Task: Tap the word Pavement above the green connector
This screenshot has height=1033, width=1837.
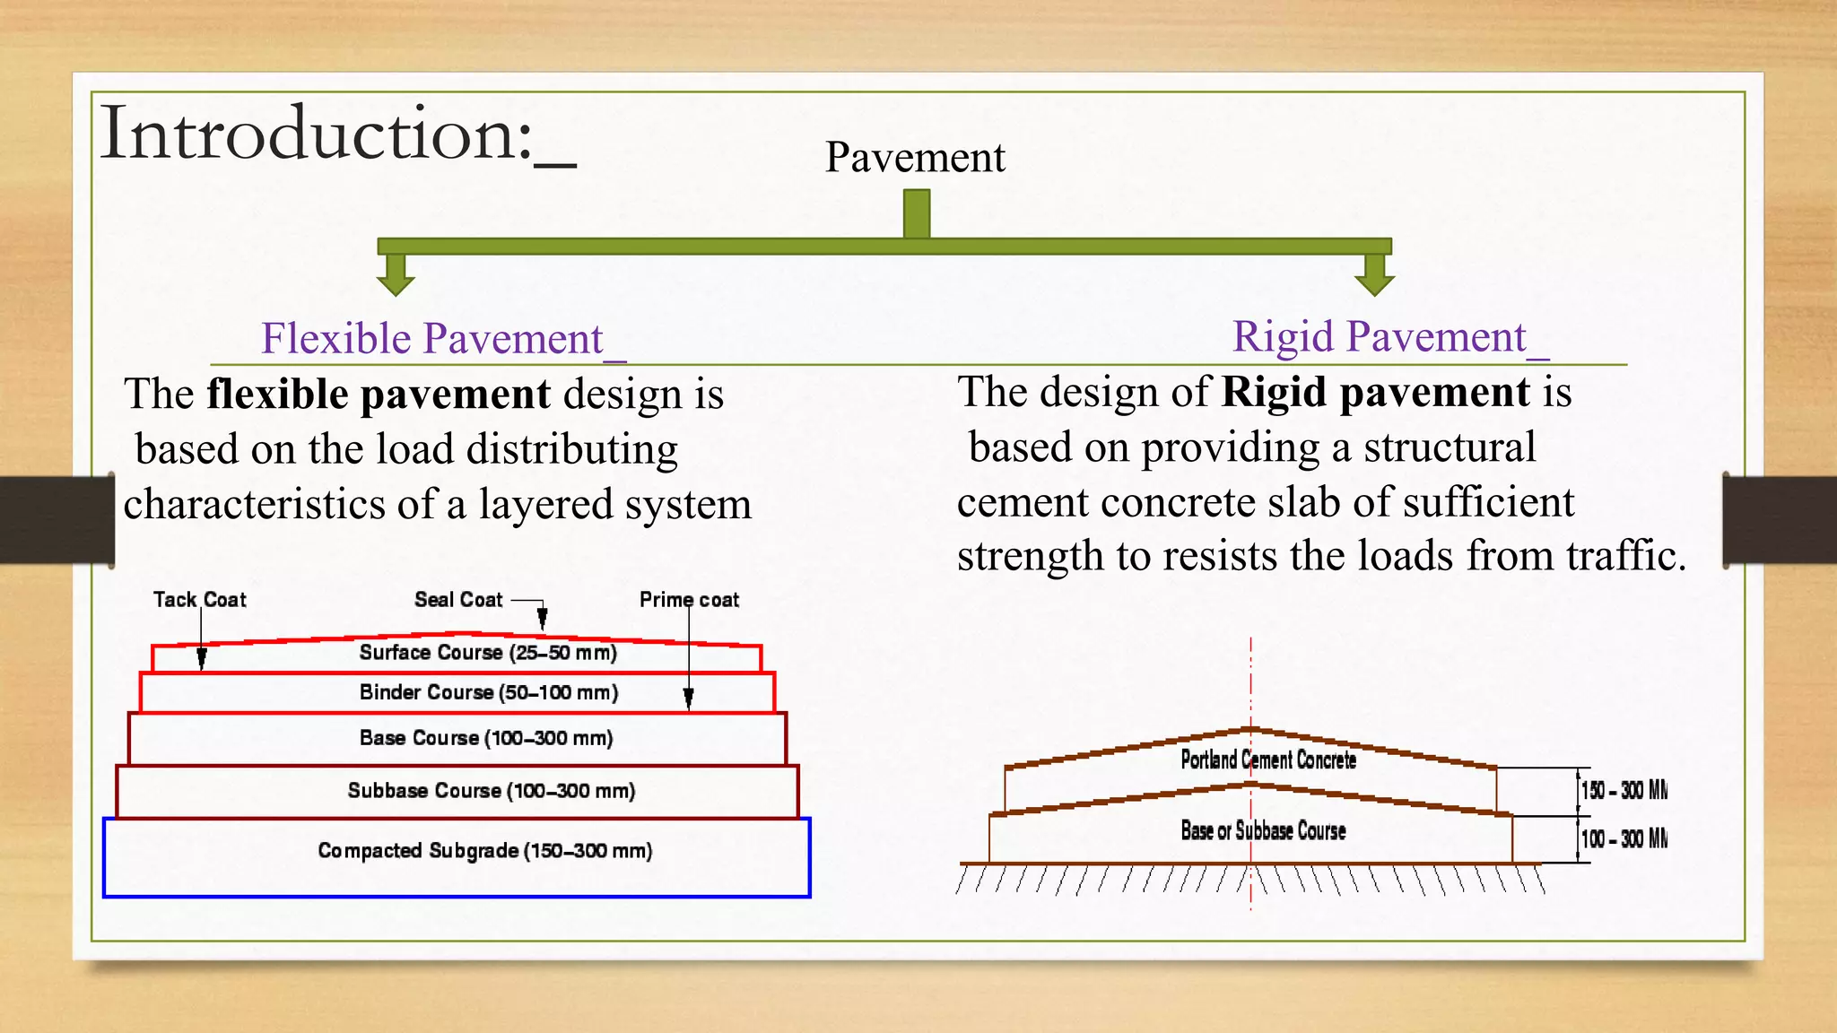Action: point(915,158)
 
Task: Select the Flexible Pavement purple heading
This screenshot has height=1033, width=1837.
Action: point(432,339)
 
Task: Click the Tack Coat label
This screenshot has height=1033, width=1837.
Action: point(199,599)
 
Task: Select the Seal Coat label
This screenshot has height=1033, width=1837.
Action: point(458,599)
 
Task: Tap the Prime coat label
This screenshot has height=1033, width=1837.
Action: point(689,599)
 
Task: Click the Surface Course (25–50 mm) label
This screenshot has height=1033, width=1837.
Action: point(488,653)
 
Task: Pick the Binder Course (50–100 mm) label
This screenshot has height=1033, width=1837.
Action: point(489,692)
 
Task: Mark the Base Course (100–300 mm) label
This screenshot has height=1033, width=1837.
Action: point(486,738)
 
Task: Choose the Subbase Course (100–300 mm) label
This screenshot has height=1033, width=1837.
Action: point(492,791)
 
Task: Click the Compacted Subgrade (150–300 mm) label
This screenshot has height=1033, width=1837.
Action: point(485,850)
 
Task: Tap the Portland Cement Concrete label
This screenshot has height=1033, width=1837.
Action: point(1268,760)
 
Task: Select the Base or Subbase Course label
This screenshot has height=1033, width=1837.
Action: point(1263,831)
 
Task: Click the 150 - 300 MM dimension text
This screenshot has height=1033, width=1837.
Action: point(1624,791)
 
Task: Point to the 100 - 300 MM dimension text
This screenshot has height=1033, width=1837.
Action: point(1624,839)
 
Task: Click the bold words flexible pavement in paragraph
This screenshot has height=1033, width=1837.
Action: point(379,395)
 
